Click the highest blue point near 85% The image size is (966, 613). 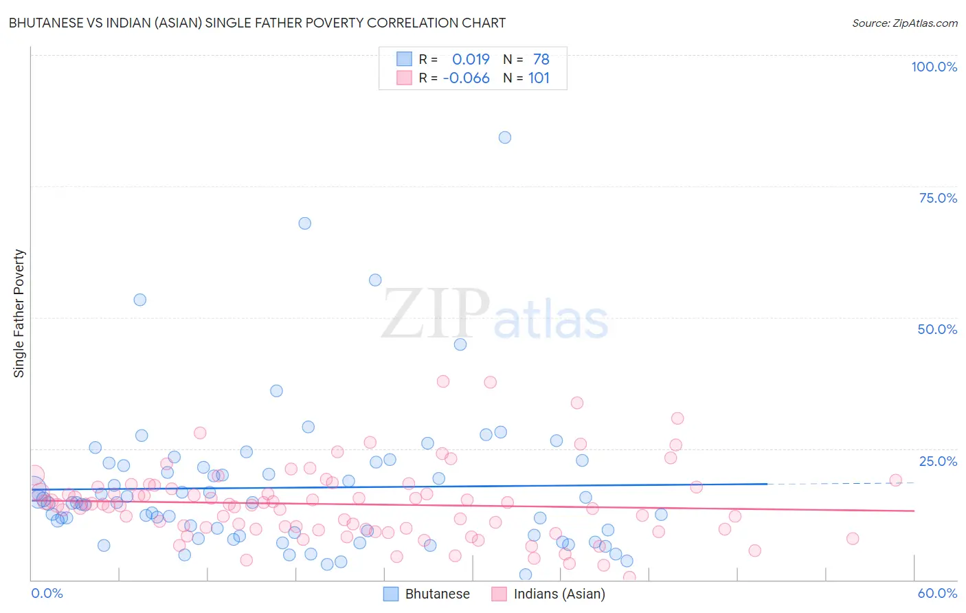point(505,137)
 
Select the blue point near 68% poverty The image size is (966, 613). point(305,223)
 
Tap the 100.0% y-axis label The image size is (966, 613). point(934,67)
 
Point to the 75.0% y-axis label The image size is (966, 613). point(938,198)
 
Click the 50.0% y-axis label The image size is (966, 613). point(937,329)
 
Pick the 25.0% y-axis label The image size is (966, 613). point(938,461)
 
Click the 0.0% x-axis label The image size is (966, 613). point(47,593)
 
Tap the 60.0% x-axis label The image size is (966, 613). point(937,593)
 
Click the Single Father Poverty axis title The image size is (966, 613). point(19,313)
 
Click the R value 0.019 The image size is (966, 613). point(471,59)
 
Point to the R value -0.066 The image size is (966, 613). point(466,78)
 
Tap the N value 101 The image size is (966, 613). point(539,78)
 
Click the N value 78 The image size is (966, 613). point(541,59)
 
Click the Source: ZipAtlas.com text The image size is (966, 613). point(904,23)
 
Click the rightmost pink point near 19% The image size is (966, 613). point(895,480)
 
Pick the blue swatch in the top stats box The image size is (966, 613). point(404,59)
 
